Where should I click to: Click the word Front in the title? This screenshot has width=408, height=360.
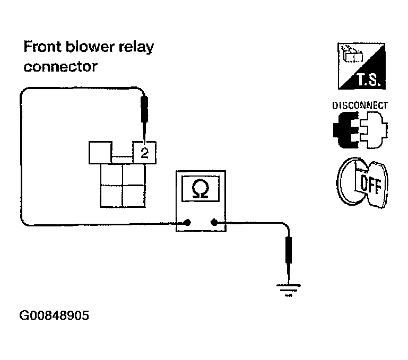(x=42, y=47)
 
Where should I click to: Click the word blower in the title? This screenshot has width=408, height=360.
(x=90, y=47)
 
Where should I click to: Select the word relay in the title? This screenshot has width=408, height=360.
(x=136, y=48)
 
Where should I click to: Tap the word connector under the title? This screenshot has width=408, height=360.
(x=60, y=67)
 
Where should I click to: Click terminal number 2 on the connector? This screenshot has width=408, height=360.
(x=144, y=153)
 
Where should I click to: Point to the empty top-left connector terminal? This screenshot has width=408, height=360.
(x=100, y=153)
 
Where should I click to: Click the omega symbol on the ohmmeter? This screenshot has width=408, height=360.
(x=201, y=188)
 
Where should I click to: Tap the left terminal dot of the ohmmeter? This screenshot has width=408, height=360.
(x=187, y=222)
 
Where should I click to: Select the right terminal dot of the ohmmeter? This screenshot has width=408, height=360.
(x=214, y=222)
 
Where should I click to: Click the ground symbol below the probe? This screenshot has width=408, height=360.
(x=288, y=290)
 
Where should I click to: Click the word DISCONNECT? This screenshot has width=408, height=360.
(x=360, y=106)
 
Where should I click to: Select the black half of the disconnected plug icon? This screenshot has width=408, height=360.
(x=346, y=130)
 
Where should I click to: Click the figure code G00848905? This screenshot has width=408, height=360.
(x=54, y=315)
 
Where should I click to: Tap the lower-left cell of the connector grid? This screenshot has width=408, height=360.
(x=111, y=196)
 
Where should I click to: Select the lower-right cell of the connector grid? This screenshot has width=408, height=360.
(x=134, y=196)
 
